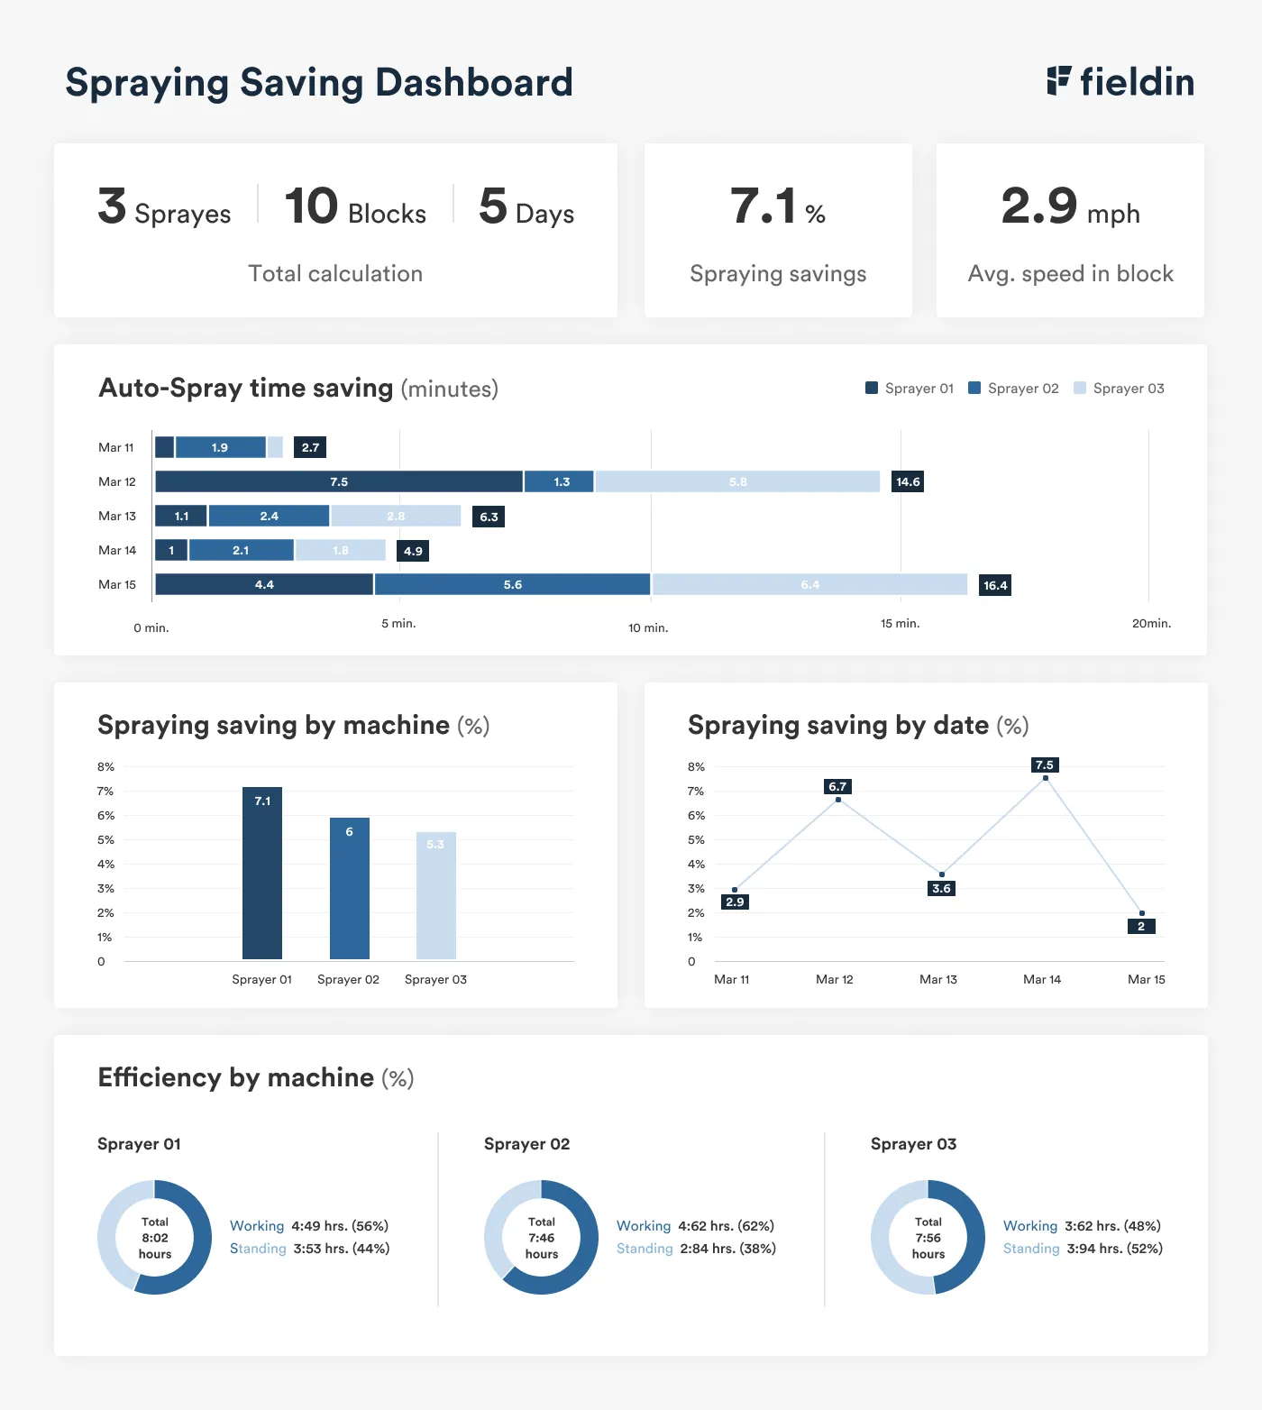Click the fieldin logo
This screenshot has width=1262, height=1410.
coord(1120,82)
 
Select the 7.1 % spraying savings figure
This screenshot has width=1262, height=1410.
coord(777,206)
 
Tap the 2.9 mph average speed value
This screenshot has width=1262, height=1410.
coord(1070,206)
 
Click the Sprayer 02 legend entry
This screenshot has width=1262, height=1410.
coord(1013,389)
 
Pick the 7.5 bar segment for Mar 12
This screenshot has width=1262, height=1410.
coord(339,482)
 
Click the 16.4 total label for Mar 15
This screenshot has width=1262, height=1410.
coord(995,586)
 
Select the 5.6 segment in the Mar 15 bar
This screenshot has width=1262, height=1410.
coord(512,585)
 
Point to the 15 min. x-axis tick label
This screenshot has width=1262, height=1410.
coord(900,624)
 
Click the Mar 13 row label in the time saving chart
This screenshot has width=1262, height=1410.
coord(117,517)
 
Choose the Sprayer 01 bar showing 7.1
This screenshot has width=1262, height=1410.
coord(262,873)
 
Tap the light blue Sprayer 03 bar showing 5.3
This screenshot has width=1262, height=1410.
coord(435,894)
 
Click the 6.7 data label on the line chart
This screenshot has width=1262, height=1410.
coord(837,787)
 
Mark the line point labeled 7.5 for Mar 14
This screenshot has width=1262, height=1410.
coord(1046,778)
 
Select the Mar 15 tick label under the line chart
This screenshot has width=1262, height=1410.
coord(1146,980)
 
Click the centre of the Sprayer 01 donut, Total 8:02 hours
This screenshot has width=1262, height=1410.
coord(155,1238)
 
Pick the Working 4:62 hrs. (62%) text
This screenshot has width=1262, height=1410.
coord(695,1226)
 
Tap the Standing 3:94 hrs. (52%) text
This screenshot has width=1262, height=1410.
coord(1083,1249)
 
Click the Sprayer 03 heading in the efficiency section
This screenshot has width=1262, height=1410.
coord(913,1144)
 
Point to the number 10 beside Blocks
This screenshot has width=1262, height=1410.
coord(311,206)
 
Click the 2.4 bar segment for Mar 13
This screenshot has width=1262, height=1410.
coord(269,517)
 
